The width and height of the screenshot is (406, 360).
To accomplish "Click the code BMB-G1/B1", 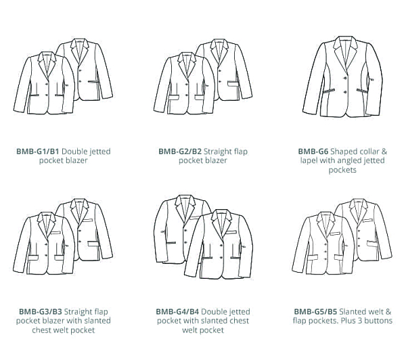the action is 37,152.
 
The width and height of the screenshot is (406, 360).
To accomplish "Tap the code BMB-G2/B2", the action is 180,152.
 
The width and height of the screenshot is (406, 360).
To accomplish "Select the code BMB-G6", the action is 313,152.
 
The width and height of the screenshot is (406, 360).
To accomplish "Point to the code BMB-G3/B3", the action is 41,311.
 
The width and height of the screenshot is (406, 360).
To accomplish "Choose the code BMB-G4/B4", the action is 177,311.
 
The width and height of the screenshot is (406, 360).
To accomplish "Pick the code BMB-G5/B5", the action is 315,311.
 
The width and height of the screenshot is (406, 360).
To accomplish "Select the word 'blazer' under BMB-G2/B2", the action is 216,160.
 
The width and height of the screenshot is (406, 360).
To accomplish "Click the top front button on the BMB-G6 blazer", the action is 345,78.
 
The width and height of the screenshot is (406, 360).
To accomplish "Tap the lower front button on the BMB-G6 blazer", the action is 345,91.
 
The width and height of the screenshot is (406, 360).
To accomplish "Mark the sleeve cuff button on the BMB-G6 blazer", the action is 372,79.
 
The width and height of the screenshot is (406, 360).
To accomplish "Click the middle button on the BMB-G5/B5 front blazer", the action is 326,251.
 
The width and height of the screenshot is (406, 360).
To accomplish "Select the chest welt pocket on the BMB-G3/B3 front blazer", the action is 55,232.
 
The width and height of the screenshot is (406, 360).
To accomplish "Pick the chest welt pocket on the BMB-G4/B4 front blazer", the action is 231,232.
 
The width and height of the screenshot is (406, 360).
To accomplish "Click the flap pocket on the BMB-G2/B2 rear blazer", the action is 233,84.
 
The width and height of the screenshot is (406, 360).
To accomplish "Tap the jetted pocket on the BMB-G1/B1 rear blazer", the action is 93,82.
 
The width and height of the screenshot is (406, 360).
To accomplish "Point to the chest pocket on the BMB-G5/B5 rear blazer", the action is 367,221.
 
